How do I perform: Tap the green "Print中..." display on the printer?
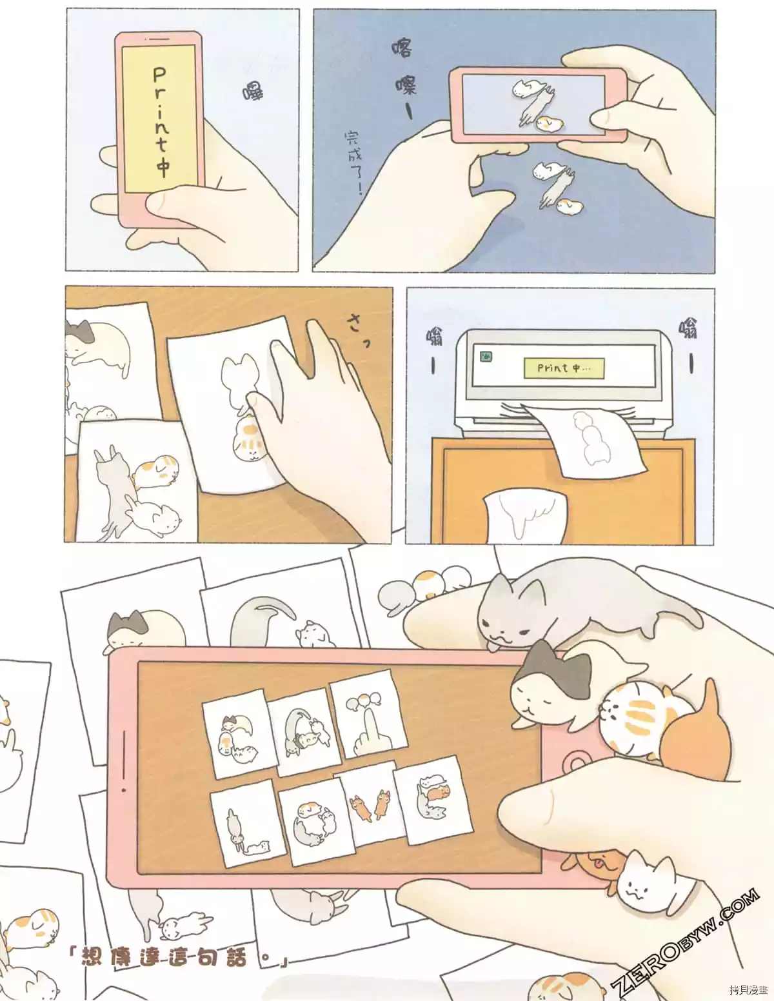point(563,368)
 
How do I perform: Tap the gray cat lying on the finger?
point(568,606)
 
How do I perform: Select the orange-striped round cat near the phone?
point(632,716)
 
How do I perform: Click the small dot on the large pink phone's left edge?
point(124,789)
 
